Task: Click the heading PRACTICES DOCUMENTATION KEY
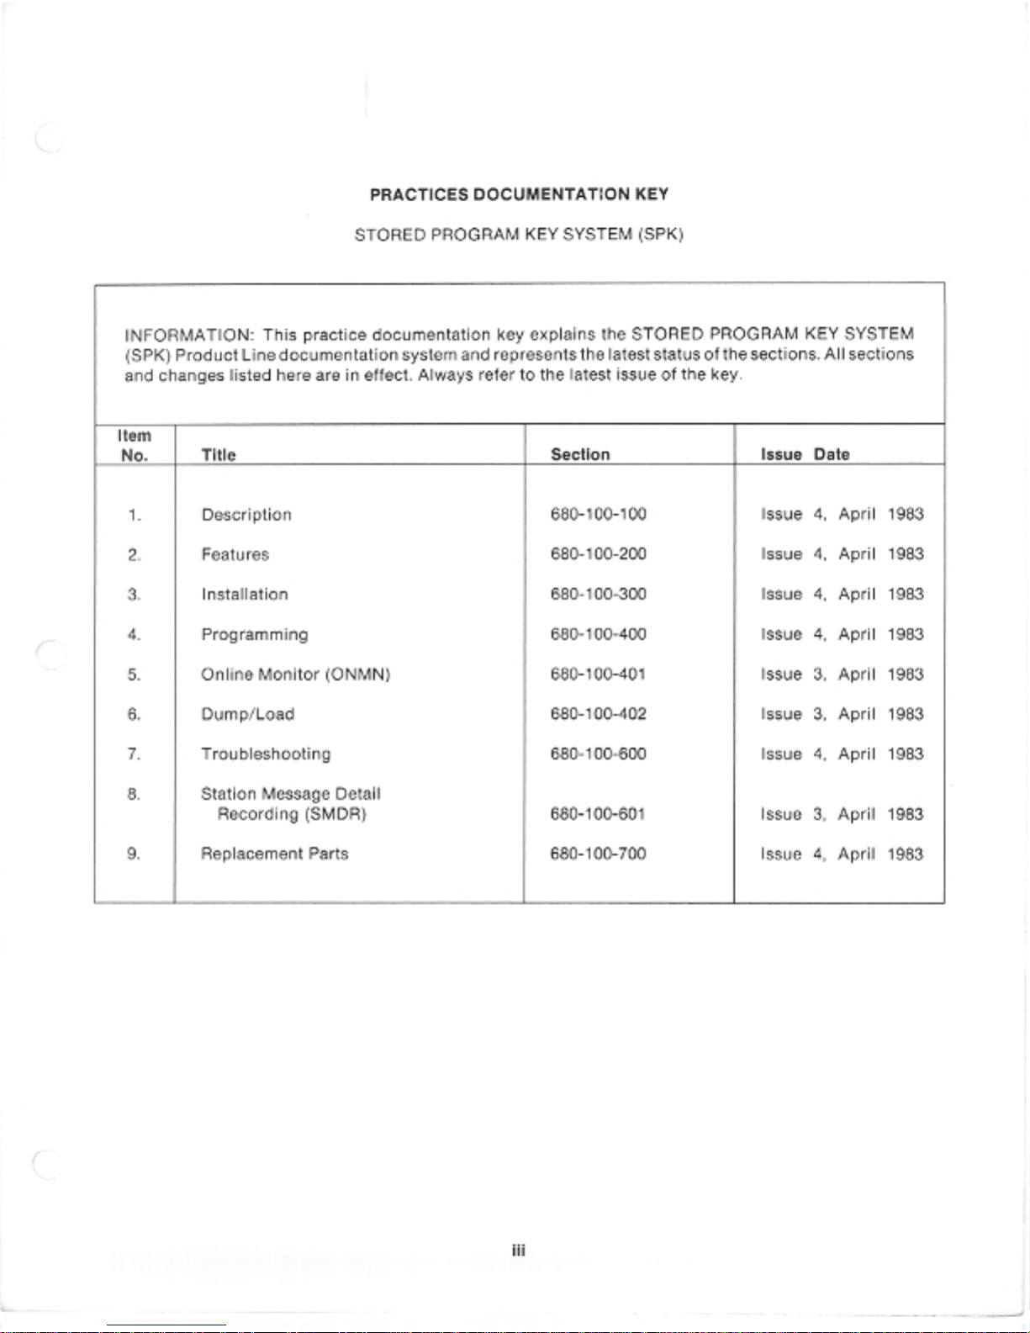[519, 194]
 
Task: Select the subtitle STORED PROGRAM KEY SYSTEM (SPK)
[519, 235]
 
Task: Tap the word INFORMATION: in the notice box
[189, 335]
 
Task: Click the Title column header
[219, 455]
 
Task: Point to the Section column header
[580, 454]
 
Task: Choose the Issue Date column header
[805, 454]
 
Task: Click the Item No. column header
[135, 446]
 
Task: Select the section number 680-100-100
[598, 514]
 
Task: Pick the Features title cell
[235, 554]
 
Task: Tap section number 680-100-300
[598, 594]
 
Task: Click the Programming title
[255, 634]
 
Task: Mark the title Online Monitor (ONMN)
[295, 674]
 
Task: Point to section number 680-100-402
[598, 714]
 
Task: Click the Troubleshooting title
[266, 754]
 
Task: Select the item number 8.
[134, 794]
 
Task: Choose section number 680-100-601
[598, 814]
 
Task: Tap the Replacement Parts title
[274, 854]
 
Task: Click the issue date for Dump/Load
[842, 714]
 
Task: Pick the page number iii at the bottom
[519, 1251]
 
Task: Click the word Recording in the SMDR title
[257, 814]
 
